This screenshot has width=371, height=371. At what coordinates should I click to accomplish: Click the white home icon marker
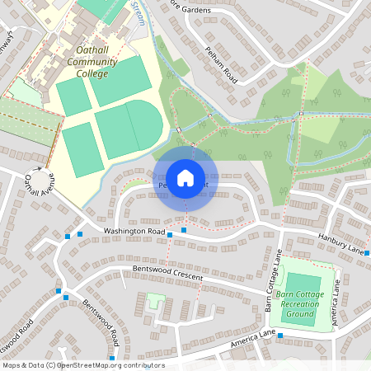tap(185, 177)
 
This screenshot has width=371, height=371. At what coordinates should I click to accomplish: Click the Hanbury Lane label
tap(341, 244)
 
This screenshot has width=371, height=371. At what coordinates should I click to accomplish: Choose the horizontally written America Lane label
tap(252, 338)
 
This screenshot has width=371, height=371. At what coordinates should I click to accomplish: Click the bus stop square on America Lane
tap(280, 335)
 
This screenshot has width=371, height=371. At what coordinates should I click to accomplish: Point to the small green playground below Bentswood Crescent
tap(154, 301)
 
